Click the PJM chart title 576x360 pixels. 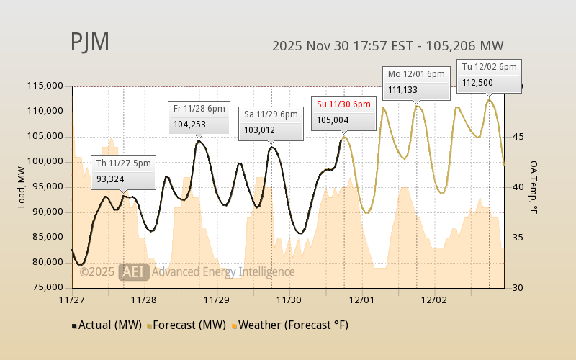(90, 42)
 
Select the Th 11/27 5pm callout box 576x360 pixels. (122, 171)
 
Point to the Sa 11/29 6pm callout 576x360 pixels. (270, 122)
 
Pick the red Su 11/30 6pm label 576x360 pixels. (343, 104)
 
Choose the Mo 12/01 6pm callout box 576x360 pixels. (416, 81)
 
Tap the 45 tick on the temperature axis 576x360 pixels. (517, 137)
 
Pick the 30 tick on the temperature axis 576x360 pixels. (517, 288)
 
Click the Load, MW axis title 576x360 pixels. (22, 187)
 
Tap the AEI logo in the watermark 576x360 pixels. (134, 271)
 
